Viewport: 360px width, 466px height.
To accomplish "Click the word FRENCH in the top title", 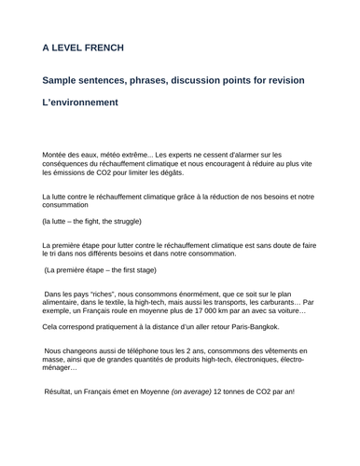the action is click(x=108, y=47).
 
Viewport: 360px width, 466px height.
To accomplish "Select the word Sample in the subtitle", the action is click(x=67, y=81).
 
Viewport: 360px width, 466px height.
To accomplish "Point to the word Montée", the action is click(x=57, y=154).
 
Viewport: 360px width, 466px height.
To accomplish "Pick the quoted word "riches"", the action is click(x=98, y=293).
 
